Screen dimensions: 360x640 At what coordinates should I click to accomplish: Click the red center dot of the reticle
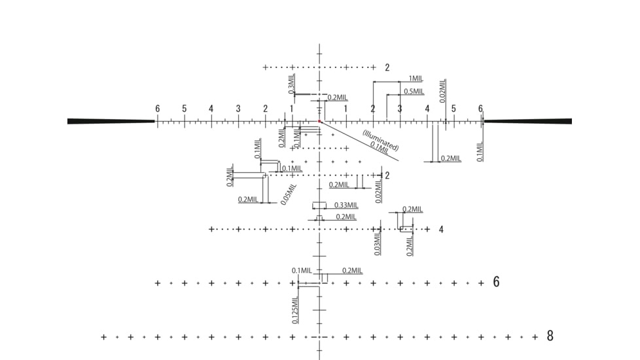point(319,121)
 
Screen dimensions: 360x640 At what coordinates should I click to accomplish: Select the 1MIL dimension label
point(415,79)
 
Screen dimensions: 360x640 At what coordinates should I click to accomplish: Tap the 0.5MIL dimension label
point(414,92)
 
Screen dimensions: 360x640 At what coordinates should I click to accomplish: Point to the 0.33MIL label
point(346,205)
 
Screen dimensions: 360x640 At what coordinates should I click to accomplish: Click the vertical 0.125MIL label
point(296,310)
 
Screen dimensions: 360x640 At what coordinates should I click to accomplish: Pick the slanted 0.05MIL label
point(289,194)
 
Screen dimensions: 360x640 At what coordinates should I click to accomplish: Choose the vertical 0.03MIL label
point(377,243)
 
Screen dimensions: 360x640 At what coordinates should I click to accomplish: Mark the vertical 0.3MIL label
point(291,82)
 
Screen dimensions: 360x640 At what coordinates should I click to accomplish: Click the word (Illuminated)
point(380,139)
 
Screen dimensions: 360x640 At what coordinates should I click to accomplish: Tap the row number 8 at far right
point(550,336)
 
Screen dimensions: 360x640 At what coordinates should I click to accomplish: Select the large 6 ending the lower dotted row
point(496,282)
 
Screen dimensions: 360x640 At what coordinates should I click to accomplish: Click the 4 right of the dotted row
point(441,229)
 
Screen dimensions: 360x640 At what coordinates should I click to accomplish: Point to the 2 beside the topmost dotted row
point(387,67)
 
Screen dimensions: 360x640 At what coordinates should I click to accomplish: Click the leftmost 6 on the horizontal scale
point(157,109)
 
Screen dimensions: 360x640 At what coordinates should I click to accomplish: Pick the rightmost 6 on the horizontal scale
point(480,109)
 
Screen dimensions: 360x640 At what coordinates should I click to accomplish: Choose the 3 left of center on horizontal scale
point(238,109)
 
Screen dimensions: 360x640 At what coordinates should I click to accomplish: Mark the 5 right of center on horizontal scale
point(453,109)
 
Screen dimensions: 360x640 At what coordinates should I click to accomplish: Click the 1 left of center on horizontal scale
point(292,109)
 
